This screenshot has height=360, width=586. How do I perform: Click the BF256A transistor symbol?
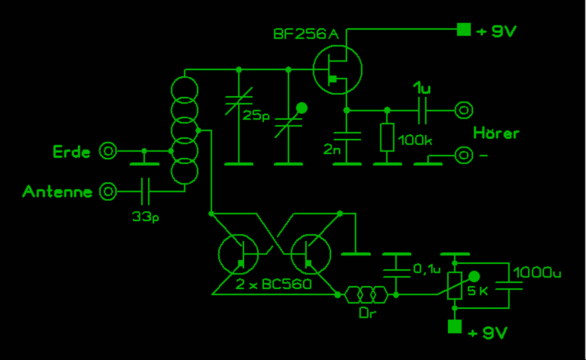tap(337, 69)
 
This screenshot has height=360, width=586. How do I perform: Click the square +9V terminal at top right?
tap(463, 30)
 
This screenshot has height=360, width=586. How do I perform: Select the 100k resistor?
tap(387, 137)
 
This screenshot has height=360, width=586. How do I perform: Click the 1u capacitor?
tap(423, 111)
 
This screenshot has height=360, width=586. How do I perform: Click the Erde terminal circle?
tap(108, 151)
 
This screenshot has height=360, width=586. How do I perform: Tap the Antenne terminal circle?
tap(108, 191)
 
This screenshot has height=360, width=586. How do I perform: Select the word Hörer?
tap(496, 133)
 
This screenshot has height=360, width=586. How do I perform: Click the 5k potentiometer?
tap(455, 285)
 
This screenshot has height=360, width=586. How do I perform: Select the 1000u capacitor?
tap(509, 285)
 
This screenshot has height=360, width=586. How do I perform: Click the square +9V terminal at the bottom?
tap(455, 326)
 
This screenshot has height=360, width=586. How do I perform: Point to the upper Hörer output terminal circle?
tap(463, 110)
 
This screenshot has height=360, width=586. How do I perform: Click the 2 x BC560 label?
tap(273, 284)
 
